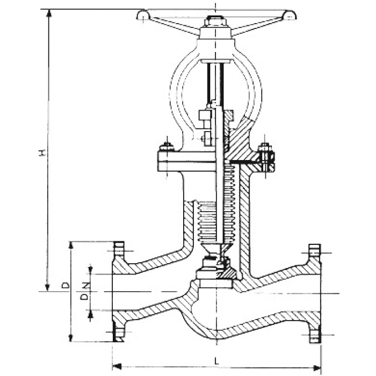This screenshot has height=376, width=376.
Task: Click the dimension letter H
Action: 42,153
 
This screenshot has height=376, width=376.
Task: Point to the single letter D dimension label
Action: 65,285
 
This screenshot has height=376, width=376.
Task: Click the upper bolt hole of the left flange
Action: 119,249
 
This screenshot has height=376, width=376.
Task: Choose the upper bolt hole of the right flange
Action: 314,250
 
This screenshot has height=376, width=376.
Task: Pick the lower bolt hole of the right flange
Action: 314,337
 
